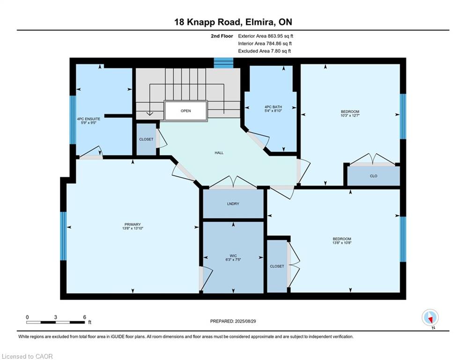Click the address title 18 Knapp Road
207,22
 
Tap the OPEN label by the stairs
186,111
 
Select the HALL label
219,153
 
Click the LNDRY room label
233,204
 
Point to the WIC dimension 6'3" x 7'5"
233,260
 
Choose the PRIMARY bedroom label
133,225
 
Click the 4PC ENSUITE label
89,119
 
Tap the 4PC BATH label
273,107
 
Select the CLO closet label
374,176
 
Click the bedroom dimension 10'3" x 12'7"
350,115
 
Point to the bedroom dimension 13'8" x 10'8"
342,243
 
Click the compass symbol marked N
430,318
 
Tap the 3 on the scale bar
56,317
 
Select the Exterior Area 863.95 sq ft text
266,36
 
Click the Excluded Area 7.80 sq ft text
265,51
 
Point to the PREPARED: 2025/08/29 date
233,321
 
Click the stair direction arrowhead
149,113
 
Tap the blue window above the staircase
224,63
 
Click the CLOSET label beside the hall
146,139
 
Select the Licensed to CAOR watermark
27,356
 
